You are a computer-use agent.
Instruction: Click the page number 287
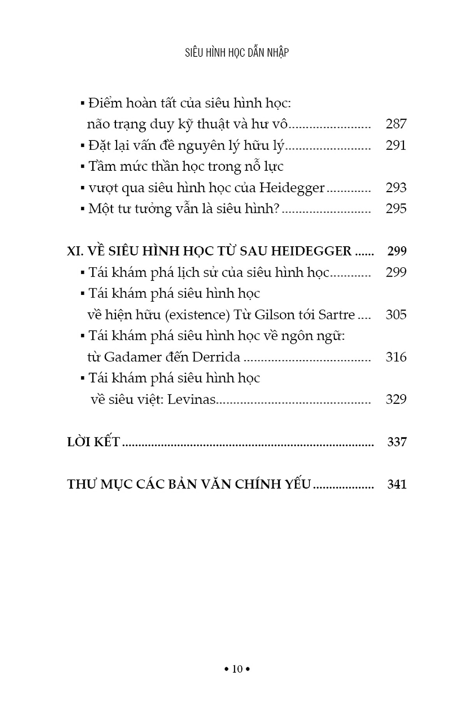click(x=396, y=124)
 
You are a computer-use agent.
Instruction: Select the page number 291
click(x=396, y=146)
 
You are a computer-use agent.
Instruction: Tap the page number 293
click(x=396, y=188)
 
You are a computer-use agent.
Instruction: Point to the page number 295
click(x=396, y=209)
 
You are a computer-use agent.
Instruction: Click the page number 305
click(x=396, y=315)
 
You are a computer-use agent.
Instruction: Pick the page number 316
click(x=396, y=357)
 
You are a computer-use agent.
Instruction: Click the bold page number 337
click(x=397, y=442)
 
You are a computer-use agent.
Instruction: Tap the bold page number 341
click(x=397, y=484)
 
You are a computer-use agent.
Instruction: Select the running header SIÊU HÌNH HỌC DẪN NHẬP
click(x=237, y=53)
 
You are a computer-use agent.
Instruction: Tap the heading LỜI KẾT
click(x=93, y=442)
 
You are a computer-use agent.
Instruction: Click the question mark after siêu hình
click(x=276, y=209)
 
